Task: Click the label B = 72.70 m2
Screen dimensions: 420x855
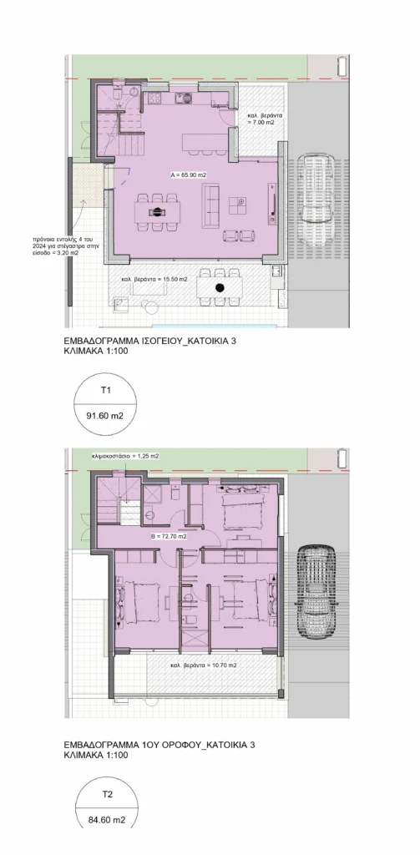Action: coord(170,537)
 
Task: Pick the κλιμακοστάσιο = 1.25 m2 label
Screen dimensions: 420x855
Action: coord(126,455)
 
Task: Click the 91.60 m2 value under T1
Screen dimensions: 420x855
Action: coord(105,416)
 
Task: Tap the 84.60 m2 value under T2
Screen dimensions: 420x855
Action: coord(106,818)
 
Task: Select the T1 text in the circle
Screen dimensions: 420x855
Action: coord(106,391)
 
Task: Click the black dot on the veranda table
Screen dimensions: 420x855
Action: coord(220,288)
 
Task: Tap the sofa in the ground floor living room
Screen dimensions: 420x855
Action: coord(210,205)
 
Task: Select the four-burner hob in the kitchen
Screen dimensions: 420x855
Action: coord(152,99)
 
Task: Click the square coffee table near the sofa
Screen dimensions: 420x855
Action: coord(238,206)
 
